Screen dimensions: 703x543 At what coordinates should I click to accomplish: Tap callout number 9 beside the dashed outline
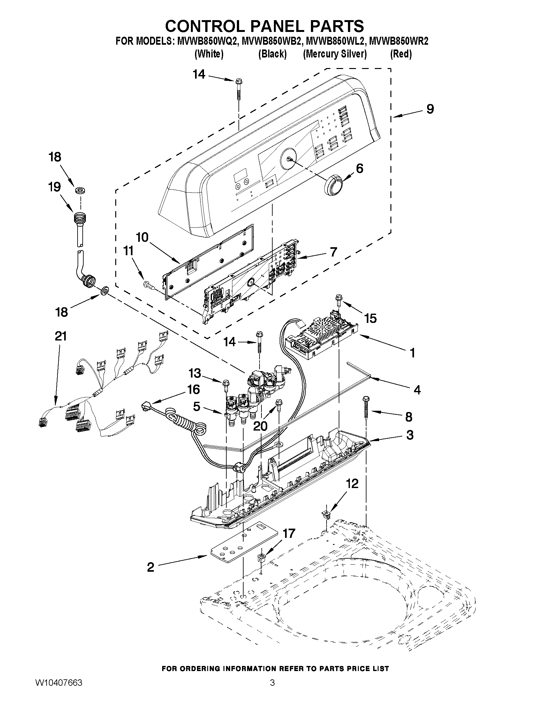point(430,109)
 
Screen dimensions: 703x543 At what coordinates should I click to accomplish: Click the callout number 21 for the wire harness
point(60,336)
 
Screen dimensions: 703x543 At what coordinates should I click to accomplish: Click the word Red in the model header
point(401,54)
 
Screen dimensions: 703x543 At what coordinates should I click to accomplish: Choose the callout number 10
point(142,237)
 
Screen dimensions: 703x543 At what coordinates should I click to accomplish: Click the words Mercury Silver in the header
point(335,54)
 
